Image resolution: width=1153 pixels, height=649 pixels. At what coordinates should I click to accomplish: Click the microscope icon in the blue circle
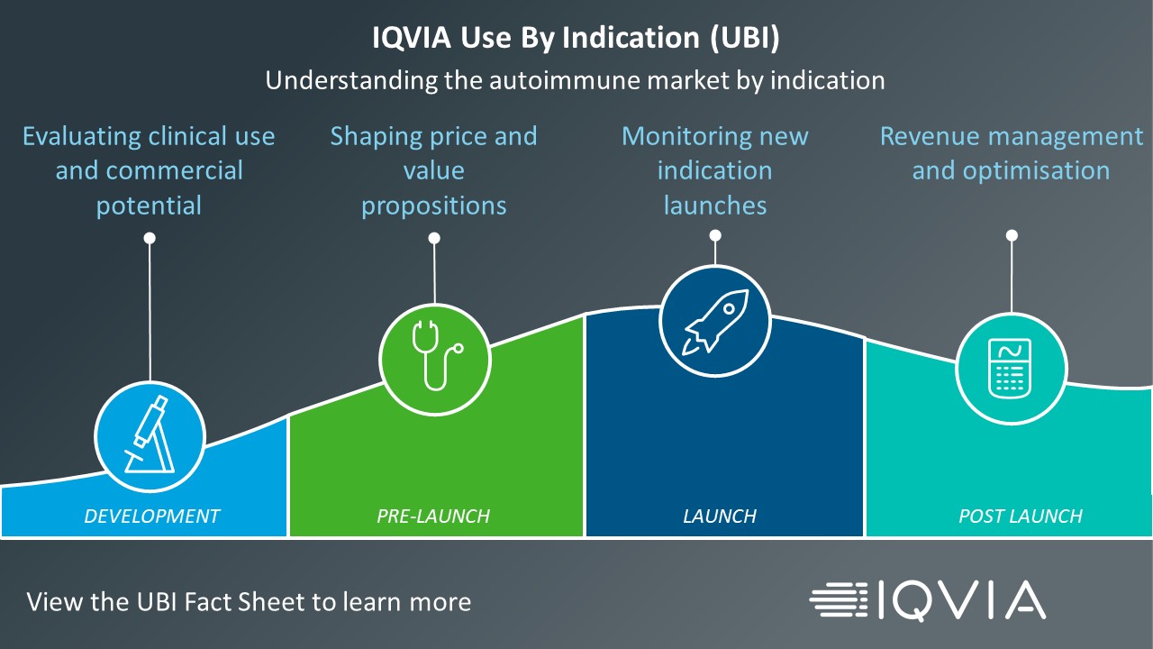tap(150, 434)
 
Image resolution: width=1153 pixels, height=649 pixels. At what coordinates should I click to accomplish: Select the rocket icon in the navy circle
tap(715, 322)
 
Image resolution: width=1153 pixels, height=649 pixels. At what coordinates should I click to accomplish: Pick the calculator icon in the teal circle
tap(1010, 369)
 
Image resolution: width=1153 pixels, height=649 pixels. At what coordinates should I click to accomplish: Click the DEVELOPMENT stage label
tap(152, 516)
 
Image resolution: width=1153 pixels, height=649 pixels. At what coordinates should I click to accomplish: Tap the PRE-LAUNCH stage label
tap(433, 516)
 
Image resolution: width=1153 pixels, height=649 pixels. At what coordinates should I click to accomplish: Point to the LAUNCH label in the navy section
tap(720, 516)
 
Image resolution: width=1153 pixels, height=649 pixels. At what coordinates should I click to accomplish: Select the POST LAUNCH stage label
tap(1021, 516)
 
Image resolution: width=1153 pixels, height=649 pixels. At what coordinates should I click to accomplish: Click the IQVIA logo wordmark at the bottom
tap(961, 600)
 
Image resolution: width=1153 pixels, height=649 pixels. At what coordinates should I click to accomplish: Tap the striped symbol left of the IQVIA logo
tap(839, 600)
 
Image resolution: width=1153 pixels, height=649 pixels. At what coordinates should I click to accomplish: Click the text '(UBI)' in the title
tap(745, 38)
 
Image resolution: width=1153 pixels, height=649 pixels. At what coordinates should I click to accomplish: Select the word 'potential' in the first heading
tap(149, 206)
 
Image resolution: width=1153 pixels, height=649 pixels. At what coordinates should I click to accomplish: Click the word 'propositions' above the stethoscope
tap(434, 206)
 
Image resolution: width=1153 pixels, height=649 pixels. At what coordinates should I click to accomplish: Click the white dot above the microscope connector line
tap(150, 238)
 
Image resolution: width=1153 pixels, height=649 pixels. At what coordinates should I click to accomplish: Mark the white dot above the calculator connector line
tap(1012, 235)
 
